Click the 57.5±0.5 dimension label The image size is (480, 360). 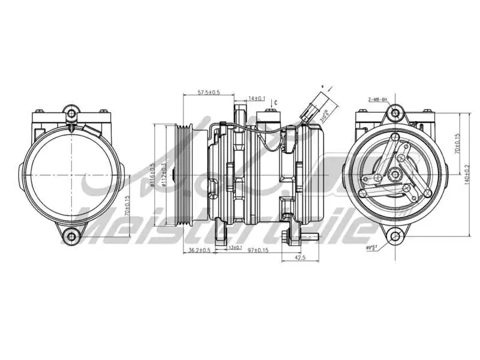pyautogui.click(x=209, y=92)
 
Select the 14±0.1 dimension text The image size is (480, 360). pyautogui.click(x=257, y=98)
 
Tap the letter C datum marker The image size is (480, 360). pyautogui.click(x=276, y=103)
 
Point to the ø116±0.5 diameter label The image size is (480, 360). pyautogui.click(x=154, y=175)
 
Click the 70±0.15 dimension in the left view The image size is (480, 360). pyautogui.click(x=127, y=206)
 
